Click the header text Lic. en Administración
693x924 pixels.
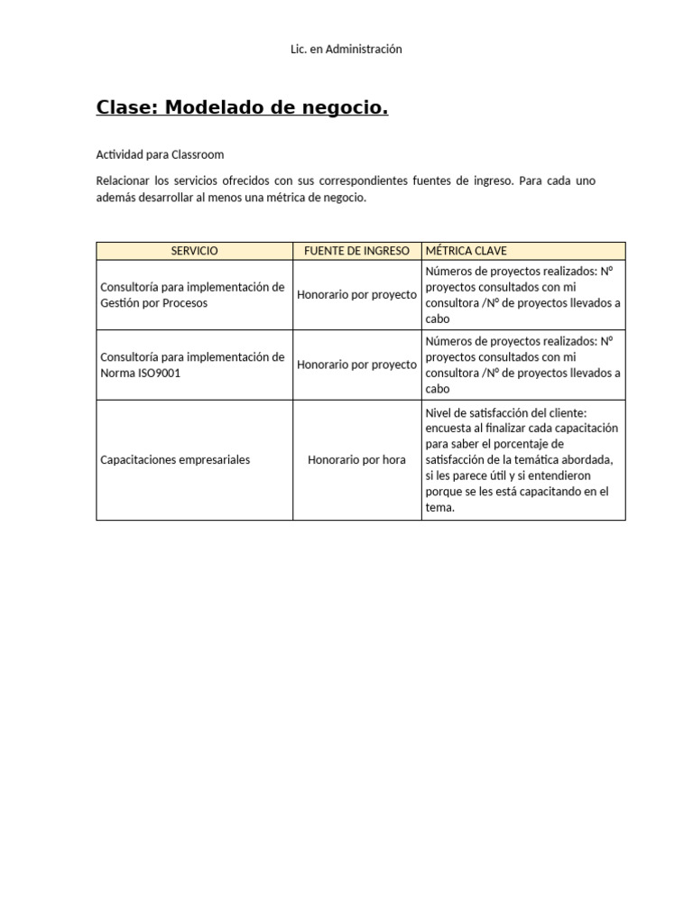[x=346, y=50]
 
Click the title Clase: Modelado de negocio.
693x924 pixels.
[x=242, y=109]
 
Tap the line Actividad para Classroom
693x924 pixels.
[x=160, y=154]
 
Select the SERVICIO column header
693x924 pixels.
[x=194, y=251]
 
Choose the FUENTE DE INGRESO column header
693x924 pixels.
[x=356, y=251]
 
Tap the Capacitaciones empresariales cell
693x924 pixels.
[x=175, y=460]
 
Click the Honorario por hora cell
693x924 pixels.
[x=356, y=460]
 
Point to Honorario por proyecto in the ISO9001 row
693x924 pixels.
[x=356, y=365]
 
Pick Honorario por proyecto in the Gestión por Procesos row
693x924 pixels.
[x=356, y=295]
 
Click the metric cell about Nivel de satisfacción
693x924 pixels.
[x=522, y=460]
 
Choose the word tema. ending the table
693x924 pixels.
[x=440, y=508]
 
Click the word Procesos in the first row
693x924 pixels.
[x=185, y=303]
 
